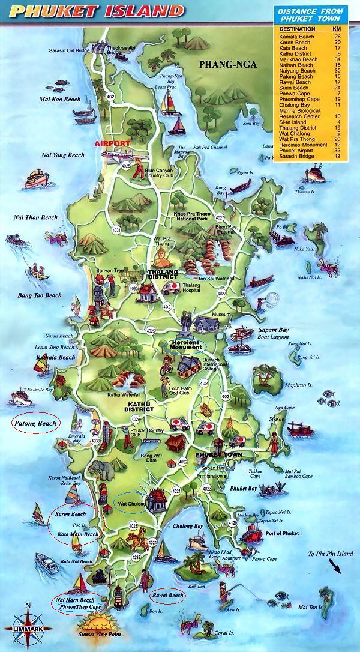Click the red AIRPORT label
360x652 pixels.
click(x=112, y=144)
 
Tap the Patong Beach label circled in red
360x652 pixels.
click(x=36, y=423)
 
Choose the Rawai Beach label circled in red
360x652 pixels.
click(x=167, y=596)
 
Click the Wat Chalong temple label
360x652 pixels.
click(x=131, y=504)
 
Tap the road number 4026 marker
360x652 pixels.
click(x=126, y=166)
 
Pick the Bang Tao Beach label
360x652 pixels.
click(x=40, y=295)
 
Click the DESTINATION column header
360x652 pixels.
click(x=297, y=28)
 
